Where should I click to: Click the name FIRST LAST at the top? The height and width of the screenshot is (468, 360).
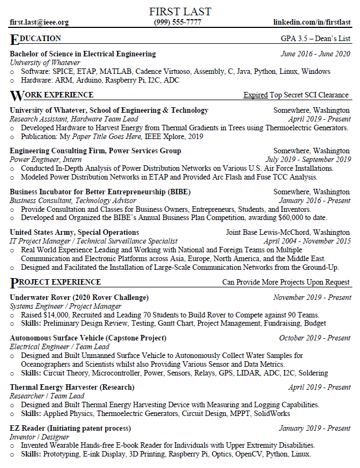(180, 11)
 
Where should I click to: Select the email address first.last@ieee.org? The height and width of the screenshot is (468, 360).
(39, 22)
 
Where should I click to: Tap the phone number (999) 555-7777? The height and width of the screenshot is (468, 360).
(178, 22)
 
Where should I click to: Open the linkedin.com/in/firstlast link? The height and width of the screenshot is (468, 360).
(312, 22)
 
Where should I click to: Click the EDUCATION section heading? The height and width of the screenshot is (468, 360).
(36, 39)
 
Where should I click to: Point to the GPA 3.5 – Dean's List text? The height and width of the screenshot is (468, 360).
(315, 39)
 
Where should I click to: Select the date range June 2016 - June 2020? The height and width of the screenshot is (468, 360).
(315, 54)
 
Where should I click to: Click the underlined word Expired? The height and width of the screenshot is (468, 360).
(255, 95)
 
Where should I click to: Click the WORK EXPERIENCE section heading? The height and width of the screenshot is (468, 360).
(52, 95)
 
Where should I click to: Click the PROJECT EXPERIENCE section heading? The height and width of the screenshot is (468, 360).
(55, 282)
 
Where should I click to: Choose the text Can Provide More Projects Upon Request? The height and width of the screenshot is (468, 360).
(285, 282)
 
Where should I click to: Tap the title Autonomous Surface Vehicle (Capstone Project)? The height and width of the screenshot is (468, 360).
(88, 338)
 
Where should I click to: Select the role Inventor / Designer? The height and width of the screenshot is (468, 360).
(39, 437)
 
